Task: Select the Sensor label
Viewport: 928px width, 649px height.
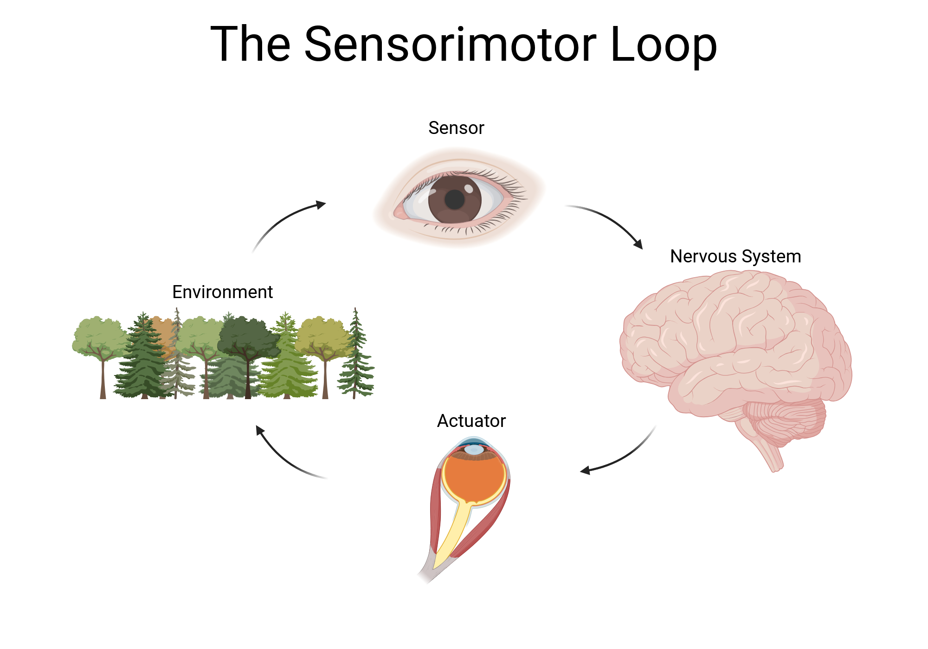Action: tap(456, 128)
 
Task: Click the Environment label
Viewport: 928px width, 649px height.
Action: tap(222, 292)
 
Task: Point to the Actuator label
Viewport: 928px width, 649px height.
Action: tap(471, 421)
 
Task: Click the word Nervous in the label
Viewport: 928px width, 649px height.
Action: tap(703, 256)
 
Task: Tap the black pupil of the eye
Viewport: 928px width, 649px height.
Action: tap(455, 200)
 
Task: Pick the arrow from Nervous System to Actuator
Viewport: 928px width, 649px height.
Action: tap(622, 457)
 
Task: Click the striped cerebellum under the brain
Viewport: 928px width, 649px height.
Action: tap(789, 417)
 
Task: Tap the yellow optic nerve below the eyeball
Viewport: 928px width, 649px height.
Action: tap(452, 533)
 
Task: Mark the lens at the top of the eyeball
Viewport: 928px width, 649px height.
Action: tap(473, 449)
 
